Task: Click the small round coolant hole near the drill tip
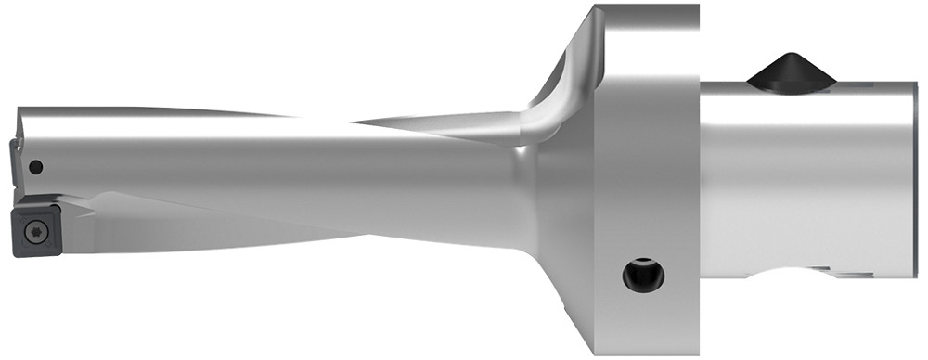tap(35, 167)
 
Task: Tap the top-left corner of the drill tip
tap(19, 109)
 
